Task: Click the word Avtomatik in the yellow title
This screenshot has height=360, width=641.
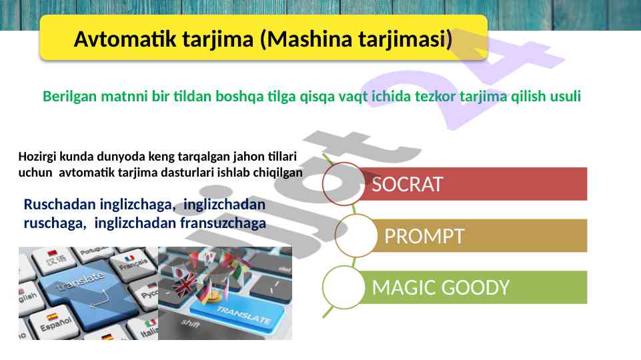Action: pyautogui.click(x=125, y=39)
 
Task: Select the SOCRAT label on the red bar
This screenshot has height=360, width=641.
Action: pyautogui.click(x=407, y=184)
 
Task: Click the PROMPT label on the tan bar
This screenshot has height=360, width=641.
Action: pyautogui.click(x=424, y=236)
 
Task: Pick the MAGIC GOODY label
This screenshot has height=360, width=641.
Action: pyautogui.click(x=441, y=288)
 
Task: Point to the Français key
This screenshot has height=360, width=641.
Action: pyautogui.click(x=131, y=263)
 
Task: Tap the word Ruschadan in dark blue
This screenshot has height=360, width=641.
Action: pyautogui.click(x=59, y=204)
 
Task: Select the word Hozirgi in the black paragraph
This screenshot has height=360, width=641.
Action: pyautogui.click(x=37, y=157)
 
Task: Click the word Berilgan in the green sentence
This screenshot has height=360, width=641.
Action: pyautogui.click(x=70, y=97)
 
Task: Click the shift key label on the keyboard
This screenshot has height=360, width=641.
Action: pyautogui.click(x=191, y=323)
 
